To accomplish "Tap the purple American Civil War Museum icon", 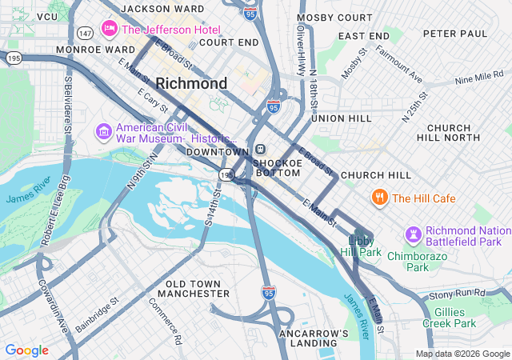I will pyautogui.click(x=103, y=130).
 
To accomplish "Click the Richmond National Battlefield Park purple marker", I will pyautogui.click(x=413, y=234).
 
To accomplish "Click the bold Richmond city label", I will pyautogui.click(x=191, y=83).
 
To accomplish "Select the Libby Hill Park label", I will pyautogui.click(x=365, y=246).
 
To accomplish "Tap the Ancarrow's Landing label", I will pyautogui.click(x=314, y=338).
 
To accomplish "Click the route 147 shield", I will pyautogui.click(x=86, y=33).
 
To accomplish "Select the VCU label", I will pyautogui.click(x=47, y=17).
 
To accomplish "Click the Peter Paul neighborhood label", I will pyautogui.click(x=454, y=34).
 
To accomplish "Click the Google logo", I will pyautogui.click(x=26, y=350).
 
